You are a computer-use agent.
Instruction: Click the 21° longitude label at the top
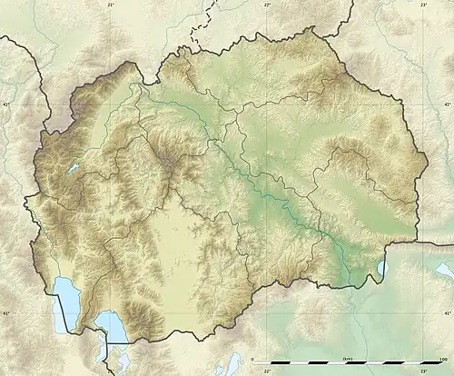pos(112,5)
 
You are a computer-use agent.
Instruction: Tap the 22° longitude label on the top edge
pos(268,5)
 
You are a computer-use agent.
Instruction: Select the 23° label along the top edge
pos(424,5)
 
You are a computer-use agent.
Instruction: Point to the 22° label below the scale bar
pos(267,371)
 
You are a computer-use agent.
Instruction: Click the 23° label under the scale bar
pos(423,371)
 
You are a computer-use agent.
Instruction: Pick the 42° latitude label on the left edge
pos(5,105)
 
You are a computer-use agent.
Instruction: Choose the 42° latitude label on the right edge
pos(449,105)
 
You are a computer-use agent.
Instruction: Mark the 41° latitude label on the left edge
pos(5,313)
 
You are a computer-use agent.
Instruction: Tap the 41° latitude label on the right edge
pos(449,313)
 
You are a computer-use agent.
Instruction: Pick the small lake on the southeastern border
pos(381,265)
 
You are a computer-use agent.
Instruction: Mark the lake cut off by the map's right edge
pos(445,269)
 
